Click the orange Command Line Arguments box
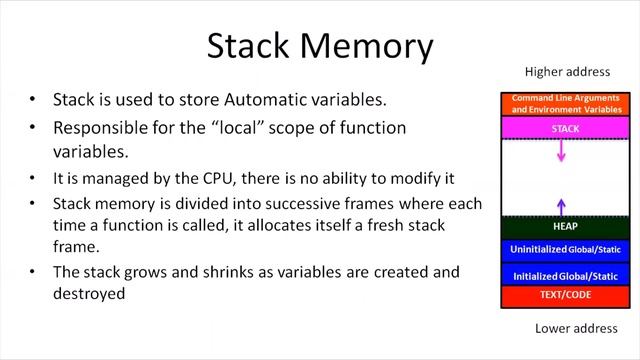[x=567, y=103]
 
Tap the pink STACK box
[x=567, y=129]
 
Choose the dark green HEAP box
[x=567, y=227]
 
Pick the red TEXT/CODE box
[x=567, y=296]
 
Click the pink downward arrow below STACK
[x=562, y=151]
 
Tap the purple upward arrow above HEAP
[x=562, y=206]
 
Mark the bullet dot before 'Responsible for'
[x=33, y=129]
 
